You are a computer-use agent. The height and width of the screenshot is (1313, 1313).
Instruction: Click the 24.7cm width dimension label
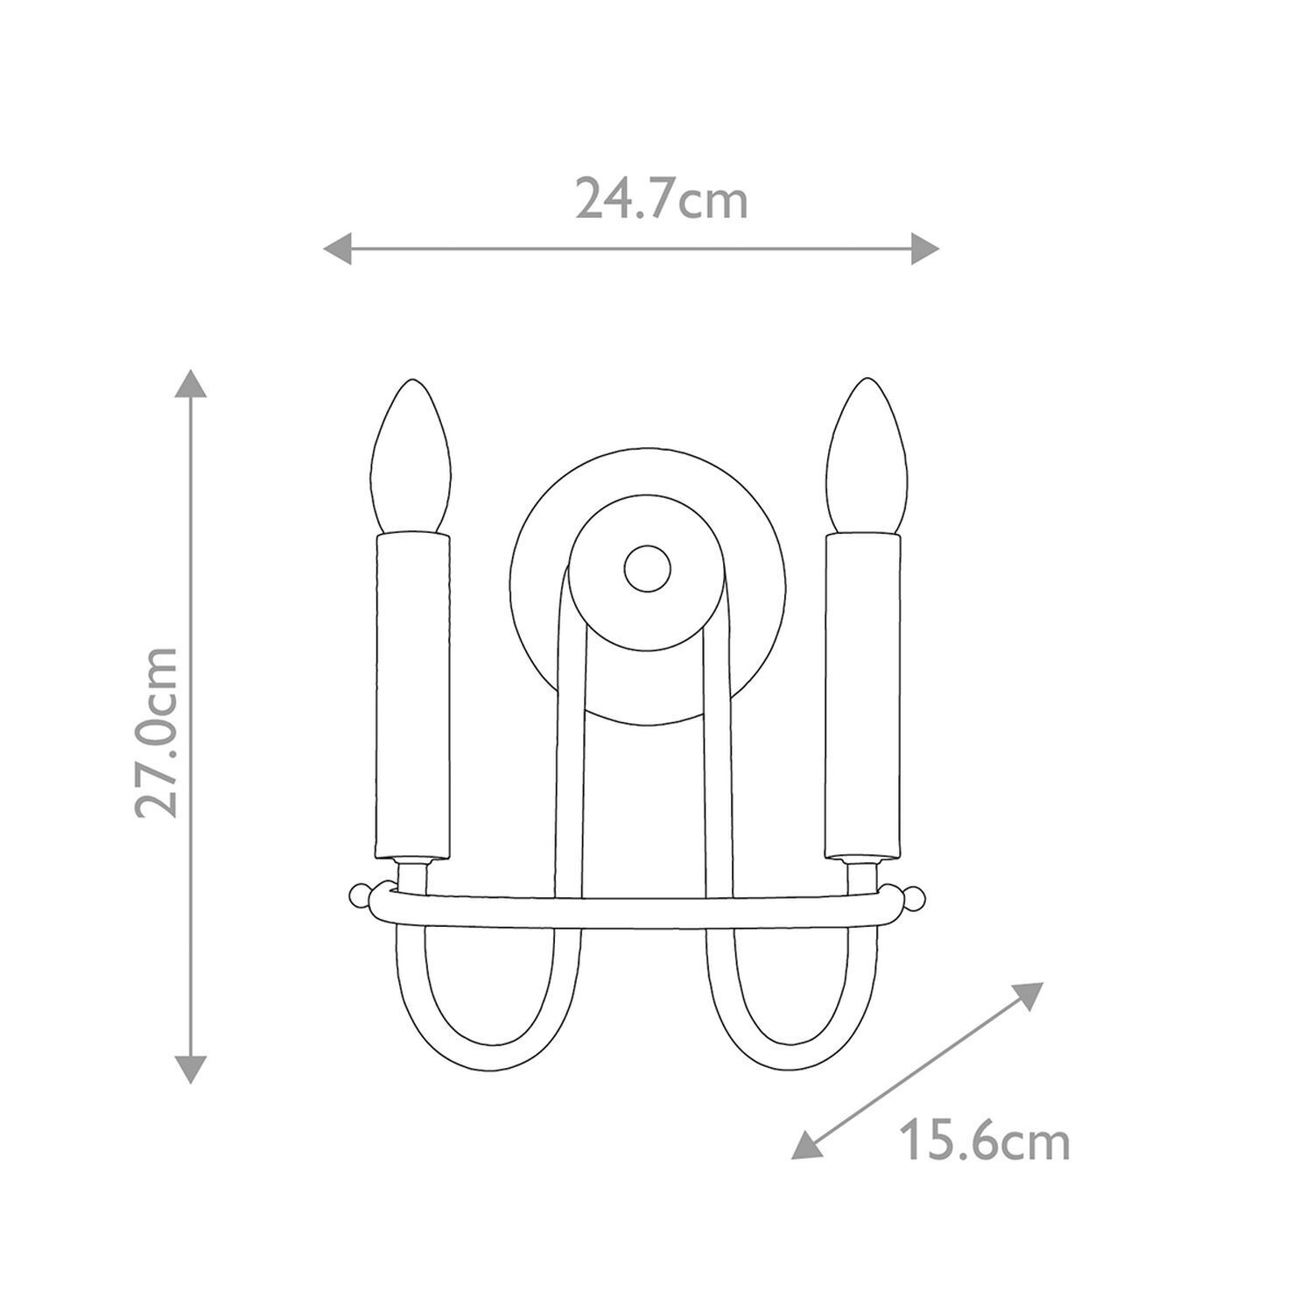pyautogui.click(x=661, y=199)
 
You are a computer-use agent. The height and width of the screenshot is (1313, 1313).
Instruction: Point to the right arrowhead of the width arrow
pyautogui.click(x=925, y=249)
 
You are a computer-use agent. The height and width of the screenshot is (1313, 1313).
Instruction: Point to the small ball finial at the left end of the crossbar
pyautogui.click(x=358, y=895)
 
